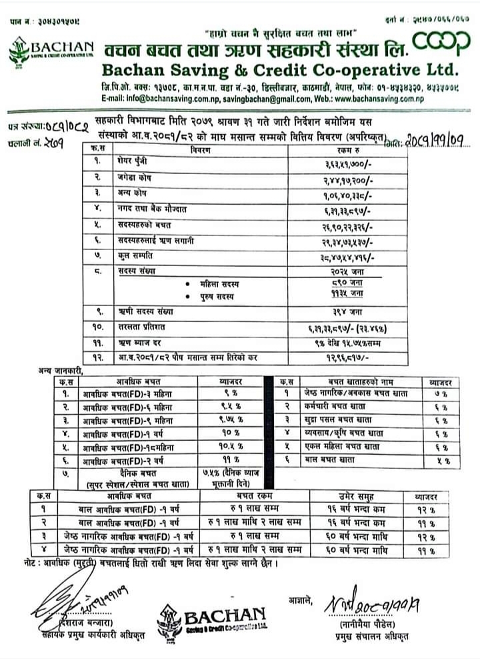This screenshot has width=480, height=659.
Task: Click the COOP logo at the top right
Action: pyautogui.click(x=441, y=41)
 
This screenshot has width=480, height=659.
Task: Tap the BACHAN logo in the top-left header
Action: pyautogui.click(x=52, y=49)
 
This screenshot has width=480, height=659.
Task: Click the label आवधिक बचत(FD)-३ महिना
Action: pyautogui.click(x=127, y=394)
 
